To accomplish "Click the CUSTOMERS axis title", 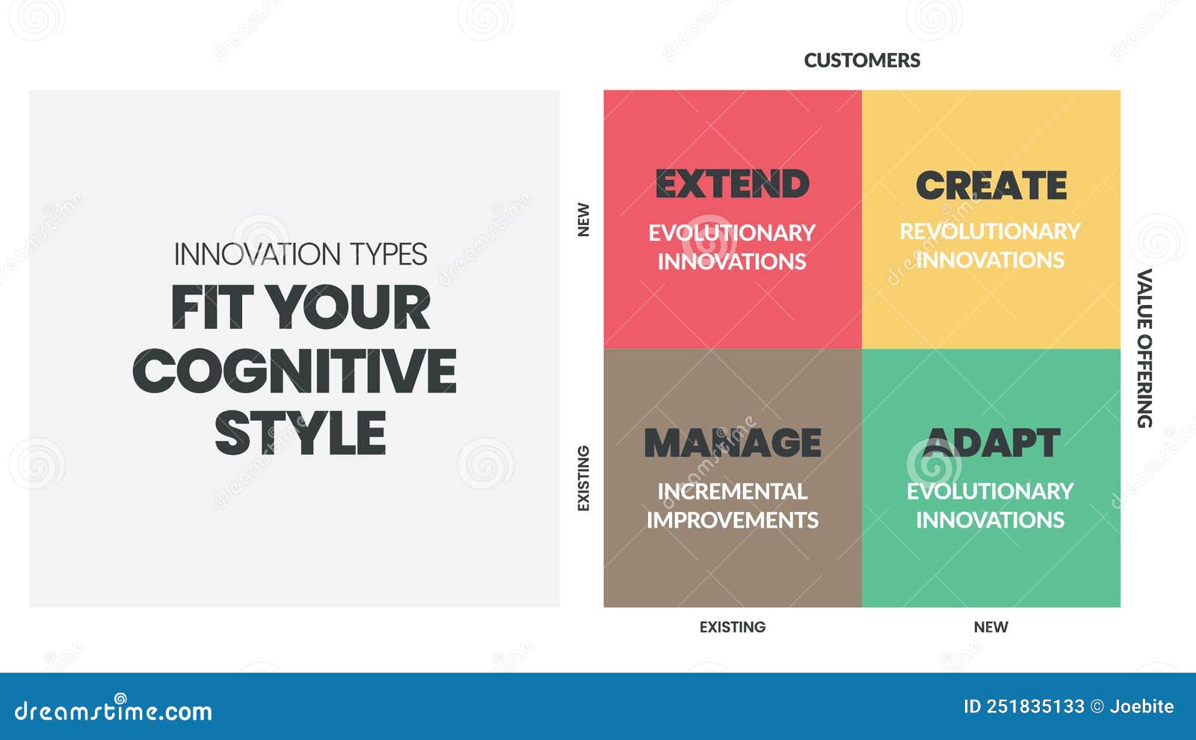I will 862,61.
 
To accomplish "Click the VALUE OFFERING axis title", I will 1144,348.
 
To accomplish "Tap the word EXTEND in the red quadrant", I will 732,184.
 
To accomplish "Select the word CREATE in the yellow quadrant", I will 990,185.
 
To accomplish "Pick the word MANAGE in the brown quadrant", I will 732,443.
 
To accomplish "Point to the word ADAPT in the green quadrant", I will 990,443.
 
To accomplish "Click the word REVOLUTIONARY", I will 990,232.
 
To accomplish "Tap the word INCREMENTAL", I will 732,491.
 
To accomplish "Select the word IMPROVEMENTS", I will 732,520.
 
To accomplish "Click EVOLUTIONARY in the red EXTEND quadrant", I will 731,233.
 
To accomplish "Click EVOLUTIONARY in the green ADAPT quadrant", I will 990,491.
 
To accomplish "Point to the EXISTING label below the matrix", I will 732,627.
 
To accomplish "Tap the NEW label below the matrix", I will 990,627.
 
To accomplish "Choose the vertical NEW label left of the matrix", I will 584,220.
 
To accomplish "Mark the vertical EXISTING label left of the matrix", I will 584,478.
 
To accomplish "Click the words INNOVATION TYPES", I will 300,255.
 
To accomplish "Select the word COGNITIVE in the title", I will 295,371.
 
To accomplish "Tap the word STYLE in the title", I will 300,434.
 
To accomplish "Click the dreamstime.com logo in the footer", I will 114,710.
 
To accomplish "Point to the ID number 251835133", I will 1035,706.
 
